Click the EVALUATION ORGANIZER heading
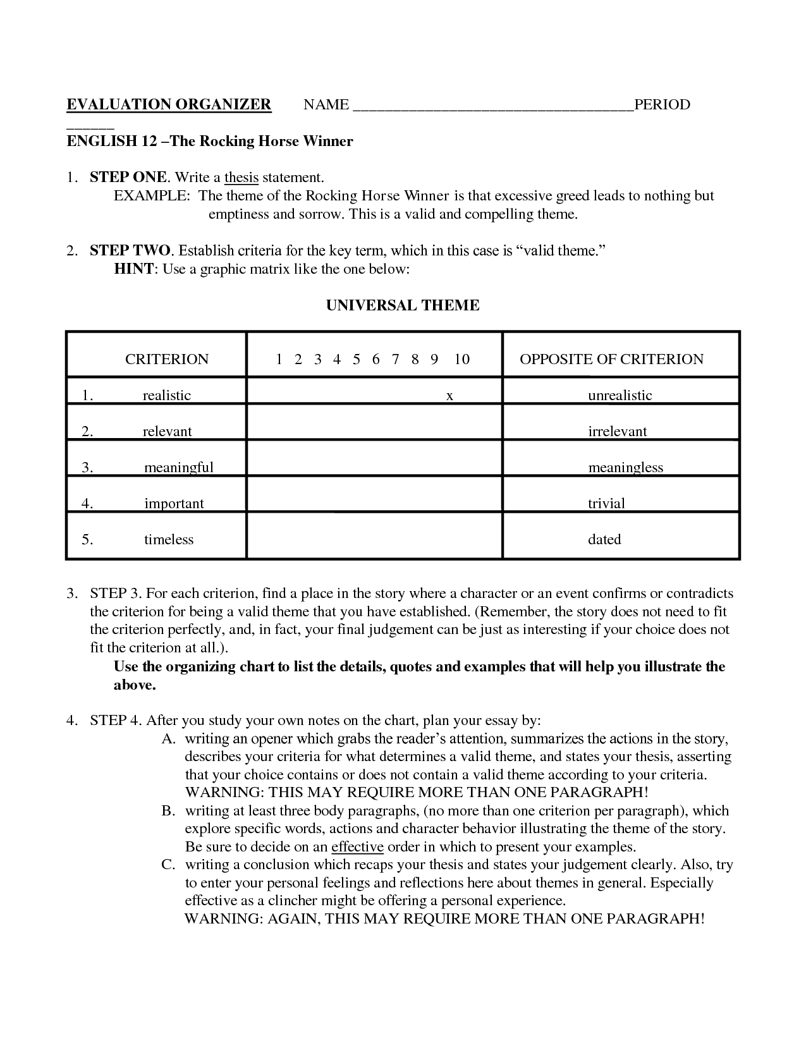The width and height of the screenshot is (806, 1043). point(169,104)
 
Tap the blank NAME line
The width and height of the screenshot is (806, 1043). point(492,107)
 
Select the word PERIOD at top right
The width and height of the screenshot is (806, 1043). point(662,104)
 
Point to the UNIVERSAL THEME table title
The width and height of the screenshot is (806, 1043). point(403,305)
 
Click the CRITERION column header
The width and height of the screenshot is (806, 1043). point(167,359)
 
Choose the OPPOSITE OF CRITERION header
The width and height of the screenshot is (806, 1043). point(611,359)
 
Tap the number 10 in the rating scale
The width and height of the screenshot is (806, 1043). point(462,359)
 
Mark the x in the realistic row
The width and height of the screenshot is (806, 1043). point(449,396)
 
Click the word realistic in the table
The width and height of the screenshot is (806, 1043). point(167,395)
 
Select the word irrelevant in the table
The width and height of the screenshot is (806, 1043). point(618,431)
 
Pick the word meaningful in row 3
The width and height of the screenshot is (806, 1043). point(179,467)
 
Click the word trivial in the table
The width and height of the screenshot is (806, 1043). point(606,503)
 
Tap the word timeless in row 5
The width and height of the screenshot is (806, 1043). point(169,539)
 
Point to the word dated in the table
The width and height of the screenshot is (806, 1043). point(604,539)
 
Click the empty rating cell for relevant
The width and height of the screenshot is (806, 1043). point(374,422)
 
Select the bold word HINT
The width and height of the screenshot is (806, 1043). point(133,269)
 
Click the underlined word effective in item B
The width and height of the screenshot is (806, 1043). point(357,846)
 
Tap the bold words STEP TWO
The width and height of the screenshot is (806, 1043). point(130,250)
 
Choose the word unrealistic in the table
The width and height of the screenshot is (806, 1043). point(620,395)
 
